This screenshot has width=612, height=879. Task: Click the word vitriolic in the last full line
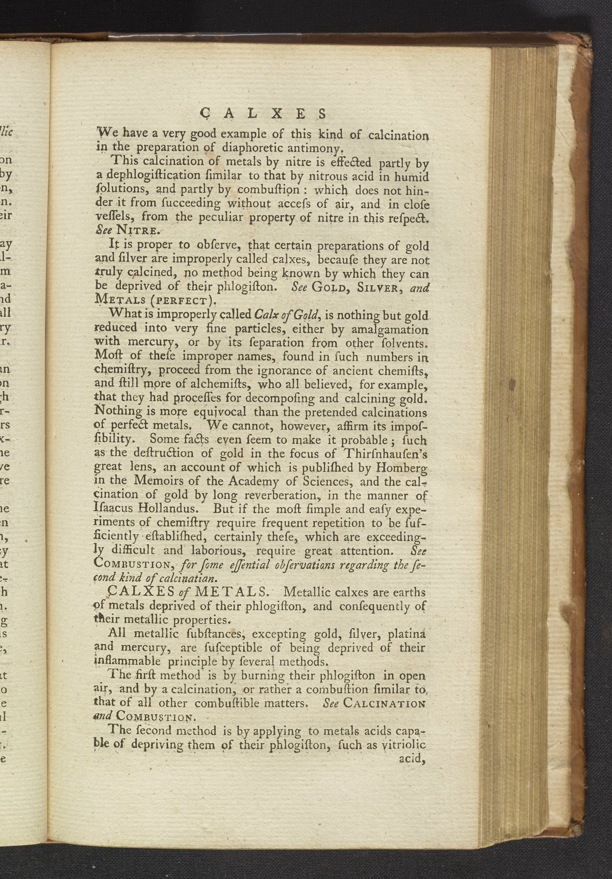(404, 744)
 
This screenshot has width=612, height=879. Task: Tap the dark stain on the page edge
(511, 382)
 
